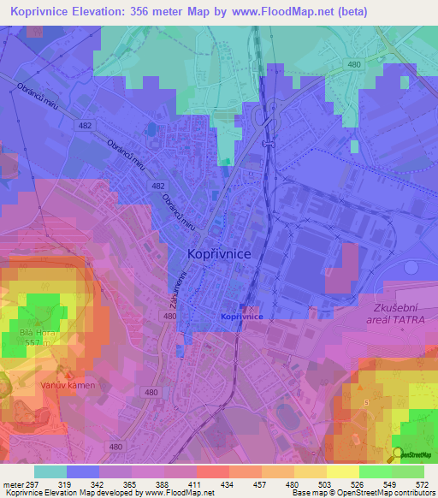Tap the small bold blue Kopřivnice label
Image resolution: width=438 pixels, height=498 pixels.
click(241, 317)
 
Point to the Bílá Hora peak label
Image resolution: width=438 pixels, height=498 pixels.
click(33, 335)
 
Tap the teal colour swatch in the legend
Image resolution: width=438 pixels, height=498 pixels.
click(50, 471)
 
